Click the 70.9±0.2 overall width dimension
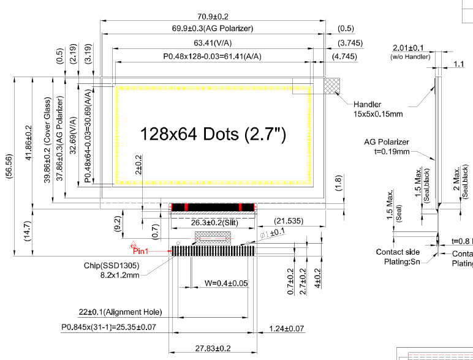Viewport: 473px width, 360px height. coord(214,17)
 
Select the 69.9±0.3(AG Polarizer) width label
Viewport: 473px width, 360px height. coord(213,29)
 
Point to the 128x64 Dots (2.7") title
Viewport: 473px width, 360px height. coord(213,133)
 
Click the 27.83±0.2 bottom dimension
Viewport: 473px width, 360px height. coord(213,348)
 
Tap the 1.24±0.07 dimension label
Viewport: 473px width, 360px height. coord(287,329)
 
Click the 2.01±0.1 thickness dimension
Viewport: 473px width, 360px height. coord(408,48)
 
